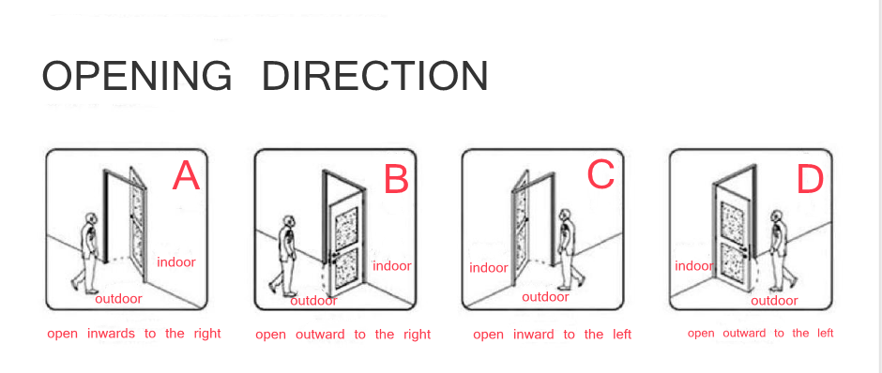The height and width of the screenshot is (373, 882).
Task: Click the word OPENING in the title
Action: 137,76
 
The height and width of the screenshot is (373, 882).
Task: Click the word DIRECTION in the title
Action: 375,76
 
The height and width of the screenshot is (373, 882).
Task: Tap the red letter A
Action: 186,176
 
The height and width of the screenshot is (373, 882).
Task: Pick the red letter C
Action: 601,174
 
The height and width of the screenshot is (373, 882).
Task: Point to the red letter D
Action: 811,180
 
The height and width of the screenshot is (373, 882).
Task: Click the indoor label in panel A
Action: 176,261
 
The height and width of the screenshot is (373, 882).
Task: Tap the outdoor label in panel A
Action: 118,298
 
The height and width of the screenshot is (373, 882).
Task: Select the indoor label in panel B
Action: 392,266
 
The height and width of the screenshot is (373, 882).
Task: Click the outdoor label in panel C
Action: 546,297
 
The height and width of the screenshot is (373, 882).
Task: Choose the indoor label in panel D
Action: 694,266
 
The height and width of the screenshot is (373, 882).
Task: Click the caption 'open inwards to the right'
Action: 134,334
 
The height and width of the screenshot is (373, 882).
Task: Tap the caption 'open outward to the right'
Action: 343,335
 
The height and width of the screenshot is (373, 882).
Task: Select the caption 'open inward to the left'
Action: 553,335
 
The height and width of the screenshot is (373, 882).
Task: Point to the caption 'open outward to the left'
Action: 761,333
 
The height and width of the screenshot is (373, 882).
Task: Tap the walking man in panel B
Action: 284,255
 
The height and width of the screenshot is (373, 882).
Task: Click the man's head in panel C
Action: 564,216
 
